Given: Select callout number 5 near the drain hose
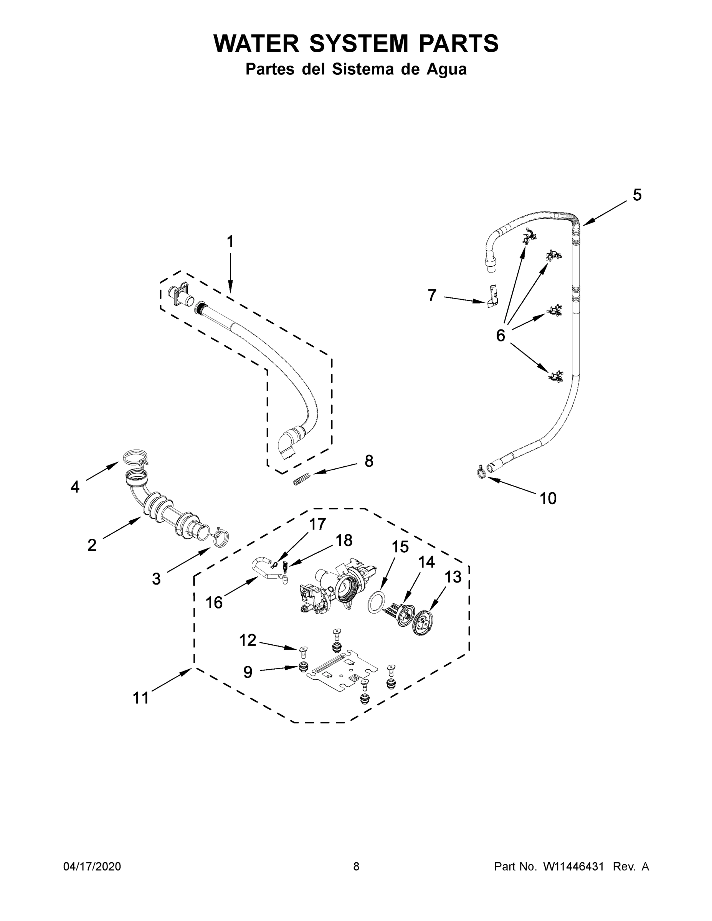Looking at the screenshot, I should click(636, 195).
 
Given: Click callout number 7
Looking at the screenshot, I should click(431, 295).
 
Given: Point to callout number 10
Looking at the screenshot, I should click(548, 498).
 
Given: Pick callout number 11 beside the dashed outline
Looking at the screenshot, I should click(141, 698).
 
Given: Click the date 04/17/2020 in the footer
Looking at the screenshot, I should click(92, 866).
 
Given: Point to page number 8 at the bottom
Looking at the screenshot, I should click(356, 866).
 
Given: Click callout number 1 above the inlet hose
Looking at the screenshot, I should click(230, 242).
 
